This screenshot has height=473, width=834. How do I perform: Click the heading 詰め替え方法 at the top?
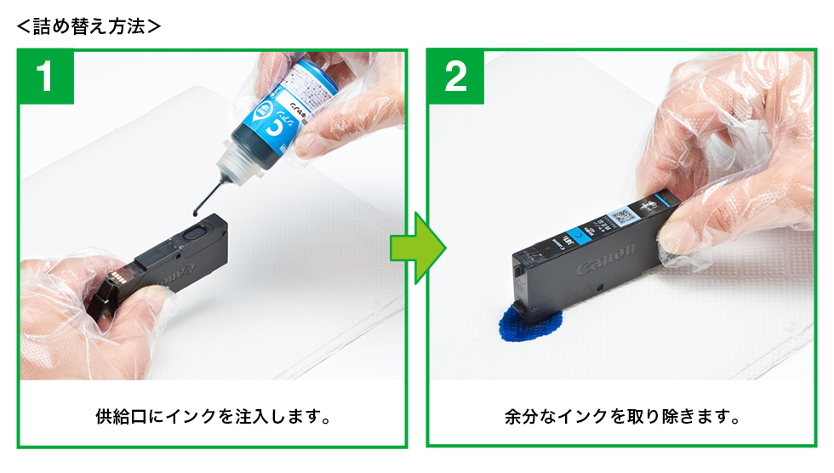click(89, 26)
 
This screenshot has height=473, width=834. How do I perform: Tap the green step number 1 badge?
click(47, 77)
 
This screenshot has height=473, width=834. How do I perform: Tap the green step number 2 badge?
click(455, 77)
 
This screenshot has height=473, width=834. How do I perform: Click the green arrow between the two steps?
click(417, 248)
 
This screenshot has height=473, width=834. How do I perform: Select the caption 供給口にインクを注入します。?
click(212, 418)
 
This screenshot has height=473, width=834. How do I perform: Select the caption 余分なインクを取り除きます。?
click(621, 418)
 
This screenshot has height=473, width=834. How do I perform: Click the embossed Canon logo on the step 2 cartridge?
click(605, 260)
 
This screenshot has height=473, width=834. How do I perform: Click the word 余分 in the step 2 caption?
click(520, 418)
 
